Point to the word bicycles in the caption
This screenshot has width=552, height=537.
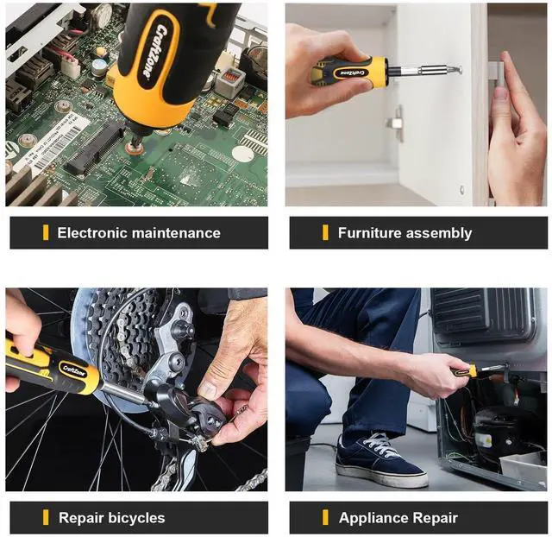pyautogui.click(x=136, y=518)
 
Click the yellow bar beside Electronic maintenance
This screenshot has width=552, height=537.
pyautogui.click(x=46, y=232)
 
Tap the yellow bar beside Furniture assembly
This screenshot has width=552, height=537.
pyautogui.click(x=325, y=232)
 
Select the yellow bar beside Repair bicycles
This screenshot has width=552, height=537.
pyautogui.click(x=46, y=517)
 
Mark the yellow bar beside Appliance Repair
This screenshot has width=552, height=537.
pyautogui.click(x=325, y=517)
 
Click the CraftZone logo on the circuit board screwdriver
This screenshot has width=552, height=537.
pyautogui.click(x=154, y=52)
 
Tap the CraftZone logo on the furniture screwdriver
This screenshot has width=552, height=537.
pyautogui.click(x=354, y=73)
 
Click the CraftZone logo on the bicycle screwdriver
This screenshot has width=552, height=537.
pyautogui.click(x=73, y=370)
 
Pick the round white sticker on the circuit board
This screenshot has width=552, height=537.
pyautogui.click(x=243, y=154)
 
